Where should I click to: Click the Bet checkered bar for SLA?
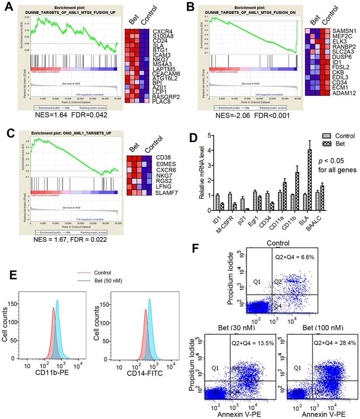point(322,180)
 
